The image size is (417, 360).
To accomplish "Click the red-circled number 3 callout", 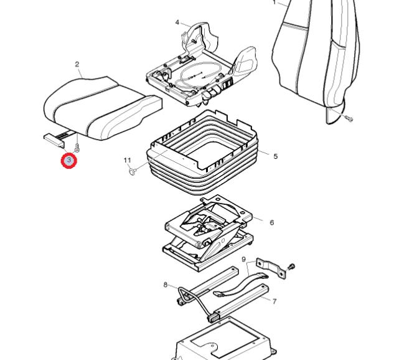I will click(x=69, y=161).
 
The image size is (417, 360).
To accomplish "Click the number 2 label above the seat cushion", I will click(x=77, y=64).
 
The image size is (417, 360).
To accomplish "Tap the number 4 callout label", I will click(x=177, y=22).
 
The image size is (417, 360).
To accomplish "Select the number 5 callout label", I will click(x=275, y=156).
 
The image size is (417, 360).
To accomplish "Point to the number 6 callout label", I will click(x=271, y=222).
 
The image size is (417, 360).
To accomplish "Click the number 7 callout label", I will click(x=274, y=301).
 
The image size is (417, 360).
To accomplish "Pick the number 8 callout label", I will click(x=166, y=285).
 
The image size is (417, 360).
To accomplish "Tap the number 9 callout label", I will click(x=244, y=260).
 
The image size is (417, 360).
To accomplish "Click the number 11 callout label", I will click(x=128, y=160).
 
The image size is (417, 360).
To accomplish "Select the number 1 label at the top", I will click(x=274, y=2).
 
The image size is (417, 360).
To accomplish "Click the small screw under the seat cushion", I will click(x=77, y=148).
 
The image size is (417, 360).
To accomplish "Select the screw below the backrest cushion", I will click(x=349, y=118).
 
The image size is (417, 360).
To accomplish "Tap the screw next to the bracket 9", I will click(x=291, y=267).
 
